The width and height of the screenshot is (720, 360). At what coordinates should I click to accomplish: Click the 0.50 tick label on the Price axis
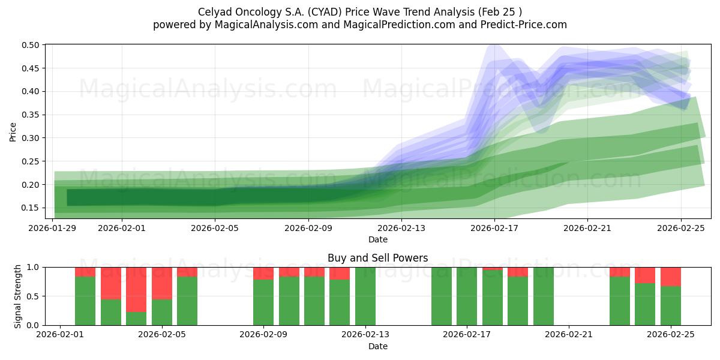(x=31, y=45)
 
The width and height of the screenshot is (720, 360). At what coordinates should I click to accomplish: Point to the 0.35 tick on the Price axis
(x=31, y=115)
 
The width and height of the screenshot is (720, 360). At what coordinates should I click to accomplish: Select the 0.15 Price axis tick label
(x=31, y=208)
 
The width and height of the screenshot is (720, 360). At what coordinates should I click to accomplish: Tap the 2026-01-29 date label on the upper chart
(x=53, y=228)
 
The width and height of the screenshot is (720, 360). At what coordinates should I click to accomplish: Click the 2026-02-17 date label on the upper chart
(x=494, y=228)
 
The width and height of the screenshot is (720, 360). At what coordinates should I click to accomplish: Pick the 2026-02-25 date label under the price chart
(x=681, y=228)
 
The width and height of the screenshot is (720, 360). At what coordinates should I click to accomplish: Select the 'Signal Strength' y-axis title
(x=18, y=296)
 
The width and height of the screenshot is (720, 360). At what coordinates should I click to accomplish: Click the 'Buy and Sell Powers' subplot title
(x=377, y=258)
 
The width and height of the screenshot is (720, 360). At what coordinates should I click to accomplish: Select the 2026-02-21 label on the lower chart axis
(x=568, y=335)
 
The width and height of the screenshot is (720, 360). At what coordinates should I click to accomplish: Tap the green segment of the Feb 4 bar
(x=136, y=319)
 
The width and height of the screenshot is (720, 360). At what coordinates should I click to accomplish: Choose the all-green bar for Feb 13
(x=365, y=296)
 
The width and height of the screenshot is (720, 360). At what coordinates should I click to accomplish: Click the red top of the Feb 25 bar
(x=670, y=276)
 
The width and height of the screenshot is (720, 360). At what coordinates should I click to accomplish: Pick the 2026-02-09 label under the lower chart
(x=263, y=335)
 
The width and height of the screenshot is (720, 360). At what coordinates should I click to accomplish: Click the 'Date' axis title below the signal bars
(x=377, y=346)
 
